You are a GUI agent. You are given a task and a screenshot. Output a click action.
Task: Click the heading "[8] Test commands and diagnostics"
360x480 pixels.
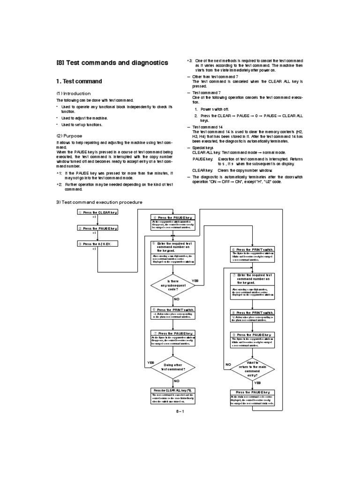[112, 62]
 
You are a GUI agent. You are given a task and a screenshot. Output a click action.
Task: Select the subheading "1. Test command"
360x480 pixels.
[79, 82]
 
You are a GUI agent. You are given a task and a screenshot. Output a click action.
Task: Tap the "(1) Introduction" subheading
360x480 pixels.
[74, 93]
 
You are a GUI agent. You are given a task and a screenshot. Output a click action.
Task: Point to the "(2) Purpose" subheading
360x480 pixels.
[69, 136]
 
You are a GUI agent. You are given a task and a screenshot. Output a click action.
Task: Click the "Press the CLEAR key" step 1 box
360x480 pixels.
[97, 212]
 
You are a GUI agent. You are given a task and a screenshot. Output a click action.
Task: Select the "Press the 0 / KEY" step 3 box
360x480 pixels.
[97, 244]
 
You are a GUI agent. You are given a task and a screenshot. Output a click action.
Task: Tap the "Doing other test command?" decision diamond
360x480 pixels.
[173, 367]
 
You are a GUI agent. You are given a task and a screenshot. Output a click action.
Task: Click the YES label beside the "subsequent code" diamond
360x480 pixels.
[195, 280]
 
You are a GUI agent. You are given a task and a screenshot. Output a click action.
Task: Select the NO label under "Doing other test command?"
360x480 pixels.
[177, 381]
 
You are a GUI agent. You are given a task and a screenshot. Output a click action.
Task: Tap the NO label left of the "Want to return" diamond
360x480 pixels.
[229, 364]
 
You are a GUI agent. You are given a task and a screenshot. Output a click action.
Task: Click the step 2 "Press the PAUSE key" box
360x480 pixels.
[97, 228]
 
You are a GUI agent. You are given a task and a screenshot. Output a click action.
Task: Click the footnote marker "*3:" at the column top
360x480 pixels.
[189, 61]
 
